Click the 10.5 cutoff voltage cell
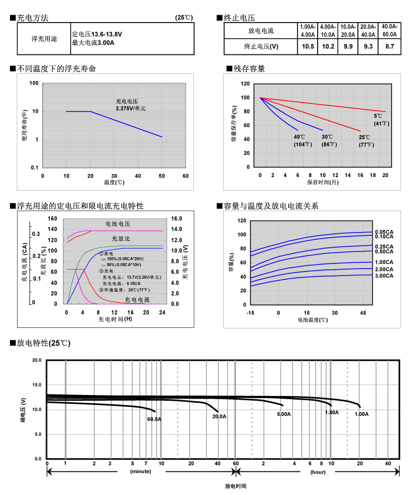pos(308,47)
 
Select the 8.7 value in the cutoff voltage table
pos(389,47)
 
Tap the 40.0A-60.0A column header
pos(389,30)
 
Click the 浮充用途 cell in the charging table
pos(44,39)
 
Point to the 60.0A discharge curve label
pos(154,419)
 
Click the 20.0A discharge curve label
pos(219,416)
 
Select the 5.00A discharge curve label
pos(284,414)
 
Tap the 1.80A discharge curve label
pos(332,412)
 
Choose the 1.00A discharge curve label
pos(362,414)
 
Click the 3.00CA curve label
pos(384,276)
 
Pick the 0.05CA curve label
pos(384,232)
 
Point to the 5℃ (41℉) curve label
pos(381,119)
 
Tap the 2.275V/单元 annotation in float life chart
pos(131,108)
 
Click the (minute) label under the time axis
pos(140,472)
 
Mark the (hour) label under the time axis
pos(318,472)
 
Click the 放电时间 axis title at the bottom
pos(235,486)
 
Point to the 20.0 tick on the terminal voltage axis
pos(36,360)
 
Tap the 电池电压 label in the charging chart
pos(117,224)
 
